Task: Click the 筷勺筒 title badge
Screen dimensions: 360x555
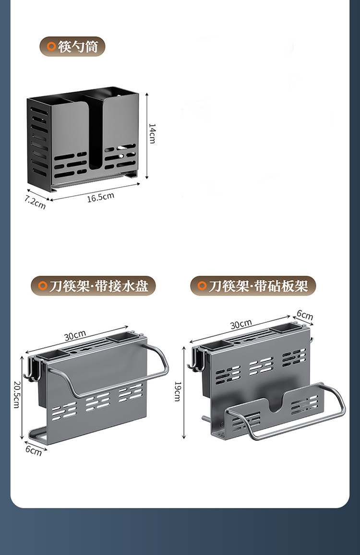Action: point(72,47)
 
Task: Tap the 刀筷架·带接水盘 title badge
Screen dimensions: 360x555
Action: point(93,286)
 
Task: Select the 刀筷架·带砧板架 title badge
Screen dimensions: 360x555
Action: point(253,286)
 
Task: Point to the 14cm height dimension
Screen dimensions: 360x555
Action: point(152,133)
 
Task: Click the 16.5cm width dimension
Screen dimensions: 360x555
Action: point(100,197)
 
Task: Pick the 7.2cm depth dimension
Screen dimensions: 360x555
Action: point(35,202)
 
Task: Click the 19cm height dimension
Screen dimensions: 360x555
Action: point(177,391)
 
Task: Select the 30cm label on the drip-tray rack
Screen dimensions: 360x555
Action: point(75,335)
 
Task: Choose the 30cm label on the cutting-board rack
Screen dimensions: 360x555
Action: point(241,325)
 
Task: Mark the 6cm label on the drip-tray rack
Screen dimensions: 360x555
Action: point(34,450)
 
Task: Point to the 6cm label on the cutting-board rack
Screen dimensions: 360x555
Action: point(304,315)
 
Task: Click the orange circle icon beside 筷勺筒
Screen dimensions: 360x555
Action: point(51,47)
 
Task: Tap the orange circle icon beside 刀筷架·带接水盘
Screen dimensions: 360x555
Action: point(43,286)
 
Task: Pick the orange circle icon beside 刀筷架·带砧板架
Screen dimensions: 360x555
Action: point(202,286)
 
